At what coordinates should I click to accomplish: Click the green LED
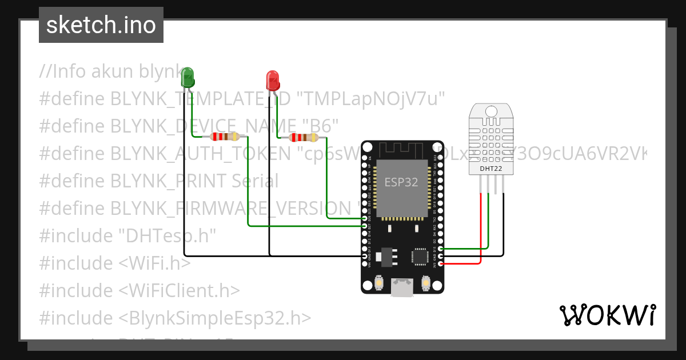[x=188, y=77]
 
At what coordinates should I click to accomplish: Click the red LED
[x=273, y=80]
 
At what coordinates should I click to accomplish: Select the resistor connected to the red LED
[x=302, y=137]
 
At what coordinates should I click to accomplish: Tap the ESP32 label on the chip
[x=401, y=182]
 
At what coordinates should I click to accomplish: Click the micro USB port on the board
[x=402, y=287]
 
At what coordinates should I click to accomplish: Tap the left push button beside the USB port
[x=379, y=283]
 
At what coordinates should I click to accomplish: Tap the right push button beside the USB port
[x=425, y=283]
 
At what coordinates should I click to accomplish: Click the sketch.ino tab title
[x=101, y=25]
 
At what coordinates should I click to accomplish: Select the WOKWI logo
[x=607, y=315]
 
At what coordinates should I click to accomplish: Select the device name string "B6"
[x=322, y=126]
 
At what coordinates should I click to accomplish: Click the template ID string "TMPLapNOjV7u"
[x=372, y=98]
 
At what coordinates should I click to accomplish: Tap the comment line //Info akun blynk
[x=109, y=71]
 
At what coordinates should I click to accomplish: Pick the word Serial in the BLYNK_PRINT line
[x=255, y=181]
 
